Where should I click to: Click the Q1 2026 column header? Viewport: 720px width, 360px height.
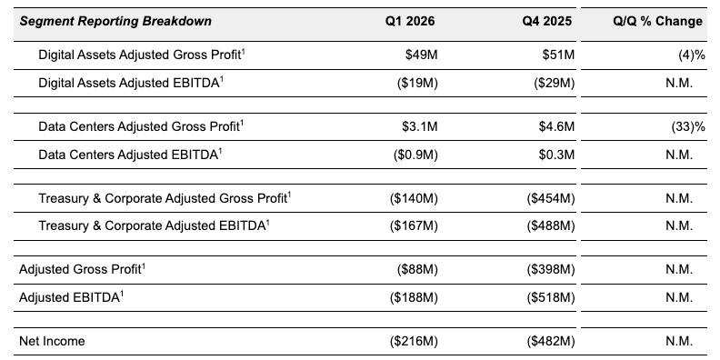pos(412,21)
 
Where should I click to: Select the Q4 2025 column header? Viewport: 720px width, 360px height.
pos(547,21)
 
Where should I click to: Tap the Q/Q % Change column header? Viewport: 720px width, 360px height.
pos(657,21)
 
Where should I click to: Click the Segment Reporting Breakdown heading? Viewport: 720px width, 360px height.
pos(115,21)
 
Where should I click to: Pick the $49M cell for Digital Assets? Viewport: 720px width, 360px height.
pos(421,55)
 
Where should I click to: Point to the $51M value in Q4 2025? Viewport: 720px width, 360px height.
pos(557,55)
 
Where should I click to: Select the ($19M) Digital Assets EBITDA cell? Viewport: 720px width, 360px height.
pos(415,83)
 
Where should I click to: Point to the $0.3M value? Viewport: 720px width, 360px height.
pos(556,155)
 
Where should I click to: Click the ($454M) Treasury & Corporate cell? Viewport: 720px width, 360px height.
pos(550,198)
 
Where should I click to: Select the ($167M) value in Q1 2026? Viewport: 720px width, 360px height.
pos(413,225)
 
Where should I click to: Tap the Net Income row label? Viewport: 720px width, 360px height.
pos(52,341)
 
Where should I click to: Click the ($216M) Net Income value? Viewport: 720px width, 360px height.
pos(413,341)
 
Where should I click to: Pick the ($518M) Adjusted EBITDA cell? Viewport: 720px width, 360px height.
pos(550,297)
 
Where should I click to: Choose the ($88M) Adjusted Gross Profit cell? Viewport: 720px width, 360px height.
pos(415,270)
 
